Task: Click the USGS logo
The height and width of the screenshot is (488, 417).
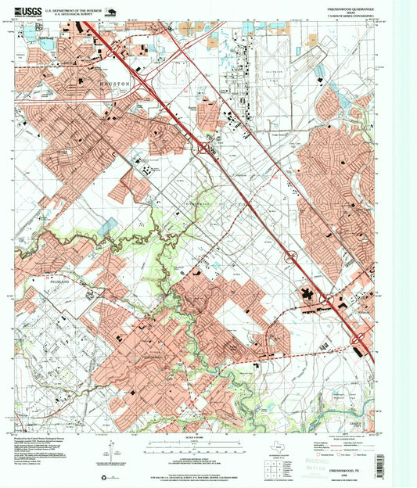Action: coord(31,10)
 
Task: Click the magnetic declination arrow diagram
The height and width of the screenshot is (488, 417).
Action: coord(114,454)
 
